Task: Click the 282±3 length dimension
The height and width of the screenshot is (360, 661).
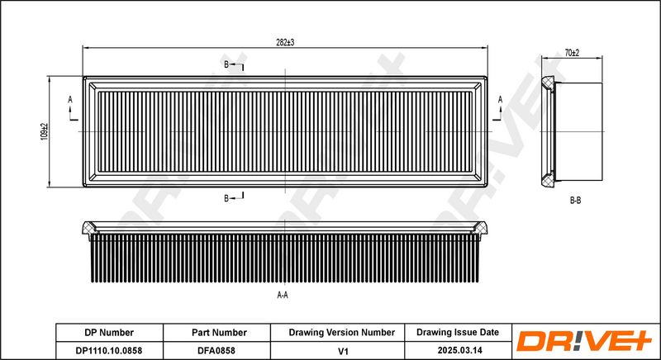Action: pyautogui.click(x=284, y=43)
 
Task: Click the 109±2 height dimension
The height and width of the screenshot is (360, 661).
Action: pyautogui.click(x=45, y=132)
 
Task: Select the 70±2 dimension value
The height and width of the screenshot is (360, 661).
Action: pyautogui.click(x=572, y=53)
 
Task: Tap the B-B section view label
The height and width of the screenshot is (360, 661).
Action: pyautogui.click(x=575, y=201)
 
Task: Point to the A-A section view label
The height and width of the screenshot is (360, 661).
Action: pyautogui.click(x=283, y=295)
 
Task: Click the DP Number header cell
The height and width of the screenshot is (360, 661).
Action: pyautogui.click(x=109, y=333)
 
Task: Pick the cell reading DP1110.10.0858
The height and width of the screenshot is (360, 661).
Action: pyautogui.click(x=109, y=350)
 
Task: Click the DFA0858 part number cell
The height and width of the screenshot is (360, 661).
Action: pyautogui.click(x=216, y=350)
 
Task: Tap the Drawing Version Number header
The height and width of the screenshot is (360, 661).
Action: pyautogui.click(x=341, y=333)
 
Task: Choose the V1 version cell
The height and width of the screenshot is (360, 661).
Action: pyautogui.click(x=344, y=350)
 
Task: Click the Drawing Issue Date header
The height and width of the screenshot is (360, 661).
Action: pyautogui.click(x=458, y=332)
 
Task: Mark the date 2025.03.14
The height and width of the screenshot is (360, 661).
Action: pyautogui.click(x=459, y=350)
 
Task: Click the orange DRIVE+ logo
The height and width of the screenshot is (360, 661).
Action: pyautogui.click(x=584, y=341)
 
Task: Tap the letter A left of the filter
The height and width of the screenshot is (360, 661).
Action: pyautogui.click(x=70, y=99)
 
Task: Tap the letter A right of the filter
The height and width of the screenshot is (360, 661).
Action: pyautogui.click(x=500, y=99)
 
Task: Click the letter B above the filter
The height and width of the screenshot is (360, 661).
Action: pyautogui.click(x=226, y=64)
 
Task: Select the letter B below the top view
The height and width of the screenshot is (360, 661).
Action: pyautogui.click(x=226, y=199)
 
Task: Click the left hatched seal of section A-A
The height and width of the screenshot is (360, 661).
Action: pyautogui.click(x=88, y=228)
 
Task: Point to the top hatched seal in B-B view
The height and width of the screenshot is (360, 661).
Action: pyautogui.click(x=548, y=83)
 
